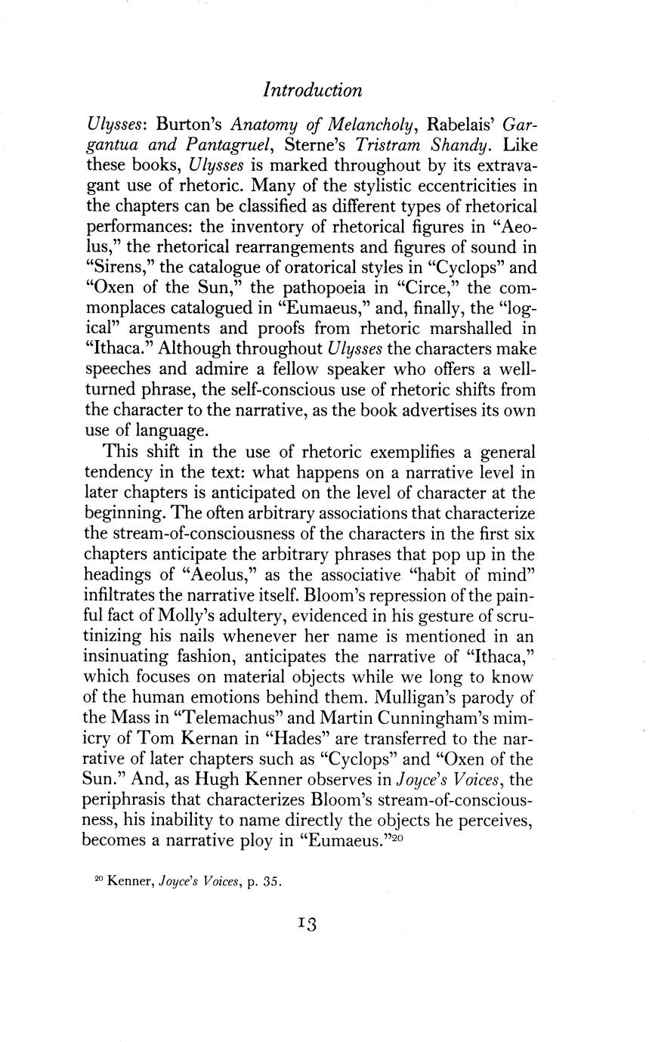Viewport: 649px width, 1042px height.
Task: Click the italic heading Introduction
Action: point(312,90)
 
